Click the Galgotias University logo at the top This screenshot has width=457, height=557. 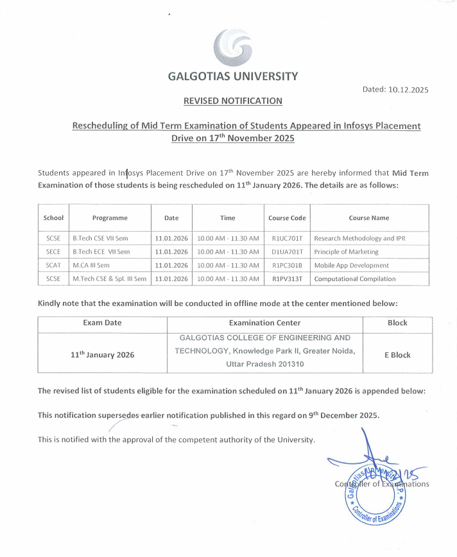[232, 48]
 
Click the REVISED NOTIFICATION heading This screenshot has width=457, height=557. [232, 101]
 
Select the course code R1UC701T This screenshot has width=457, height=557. [287, 238]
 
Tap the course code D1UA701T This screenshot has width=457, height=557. [287, 252]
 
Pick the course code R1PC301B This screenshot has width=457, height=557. [287, 265]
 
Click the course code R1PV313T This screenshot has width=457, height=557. [287, 278]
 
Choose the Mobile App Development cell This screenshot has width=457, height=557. [352, 265]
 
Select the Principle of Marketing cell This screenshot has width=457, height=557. [347, 252]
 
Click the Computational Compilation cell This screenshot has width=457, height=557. [355, 278]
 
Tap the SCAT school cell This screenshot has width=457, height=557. [53, 265]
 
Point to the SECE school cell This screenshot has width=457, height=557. [53, 252]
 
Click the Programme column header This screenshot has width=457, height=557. [110, 218]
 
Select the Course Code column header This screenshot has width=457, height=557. [287, 218]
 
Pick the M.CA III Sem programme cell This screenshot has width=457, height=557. [91, 265]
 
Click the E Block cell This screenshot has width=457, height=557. [397, 355]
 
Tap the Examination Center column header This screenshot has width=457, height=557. [264, 323]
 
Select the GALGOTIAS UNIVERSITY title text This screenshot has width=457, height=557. [232, 76]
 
